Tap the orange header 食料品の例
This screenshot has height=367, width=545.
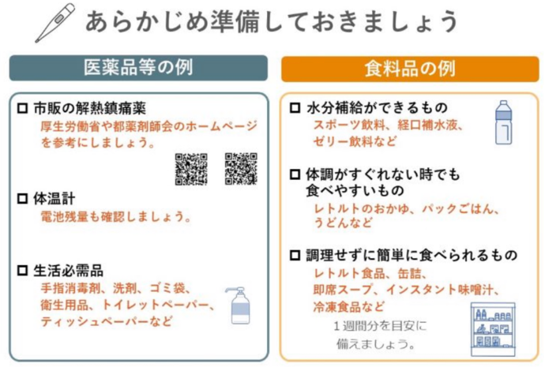[x=410, y=69]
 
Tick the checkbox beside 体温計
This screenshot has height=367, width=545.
[x=22, y=198]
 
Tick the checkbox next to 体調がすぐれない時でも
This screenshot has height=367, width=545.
[x=295, y=174]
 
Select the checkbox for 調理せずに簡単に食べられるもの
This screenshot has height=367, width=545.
[x=295, y=256]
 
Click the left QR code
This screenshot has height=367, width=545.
[x=191, y=168]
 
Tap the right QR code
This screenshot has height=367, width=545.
[x=241, y=168]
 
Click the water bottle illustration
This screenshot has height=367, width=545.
[x=504, y=122]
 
